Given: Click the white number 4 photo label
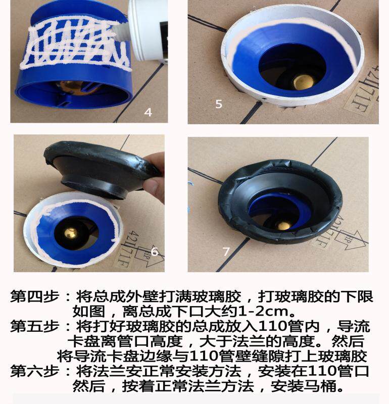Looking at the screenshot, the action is [148, 112].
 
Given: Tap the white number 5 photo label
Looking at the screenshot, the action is [219, 104].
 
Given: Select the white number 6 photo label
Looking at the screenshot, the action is [154, 251].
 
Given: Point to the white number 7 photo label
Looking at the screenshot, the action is [226, 251].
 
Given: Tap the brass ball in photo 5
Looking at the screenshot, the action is [304, 82].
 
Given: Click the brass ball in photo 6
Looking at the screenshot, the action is [71, 233].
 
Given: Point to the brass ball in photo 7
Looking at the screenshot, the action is [283, 226].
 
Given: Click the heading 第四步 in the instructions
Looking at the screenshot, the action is [34, 296].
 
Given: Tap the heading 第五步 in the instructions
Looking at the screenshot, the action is [34, 326].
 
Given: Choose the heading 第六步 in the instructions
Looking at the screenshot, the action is [34, 371].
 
